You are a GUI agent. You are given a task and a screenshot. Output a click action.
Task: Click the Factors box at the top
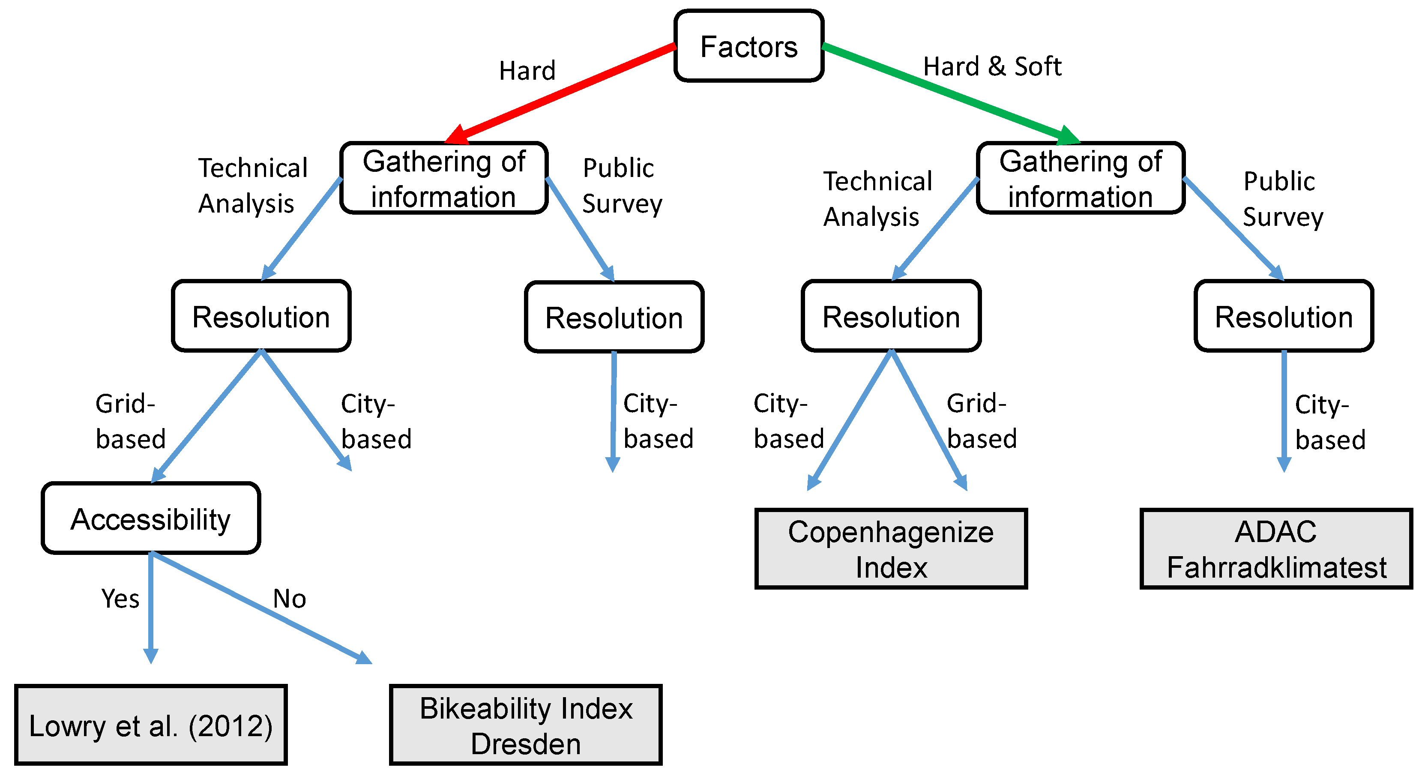pyautogui.click(x=748, y=46)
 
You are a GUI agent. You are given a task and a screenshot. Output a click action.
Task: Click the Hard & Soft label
pyautogui.click(x=992, y=66)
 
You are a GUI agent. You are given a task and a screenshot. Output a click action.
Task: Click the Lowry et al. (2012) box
pyautogui.click(x=150, y=725)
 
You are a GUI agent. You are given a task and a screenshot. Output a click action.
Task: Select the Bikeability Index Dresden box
pyautogui.click(x=526, y=725)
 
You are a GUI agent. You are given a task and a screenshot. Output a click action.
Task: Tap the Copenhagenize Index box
pyautogui.click(x=891, y=548)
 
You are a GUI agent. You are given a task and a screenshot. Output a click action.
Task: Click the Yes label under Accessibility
pyautogui.click(x=120, y=599)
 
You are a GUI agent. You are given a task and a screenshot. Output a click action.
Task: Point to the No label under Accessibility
pyautogui.click(x=289, y=599)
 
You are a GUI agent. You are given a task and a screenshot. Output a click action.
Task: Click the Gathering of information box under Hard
pyautogui.click(x=444, y=178)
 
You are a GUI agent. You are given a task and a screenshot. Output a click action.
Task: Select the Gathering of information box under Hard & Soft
pyautogui.click(x=1081, y=178)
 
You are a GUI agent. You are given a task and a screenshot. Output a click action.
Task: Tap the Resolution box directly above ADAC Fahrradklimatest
pyautogui.click(x=1283, y=316)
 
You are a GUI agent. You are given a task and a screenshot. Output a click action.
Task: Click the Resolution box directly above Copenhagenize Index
pyautogui.click(x=891, y=316)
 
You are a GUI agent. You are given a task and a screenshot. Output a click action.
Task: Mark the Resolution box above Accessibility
pyautogui.click(x=261, y=316)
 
